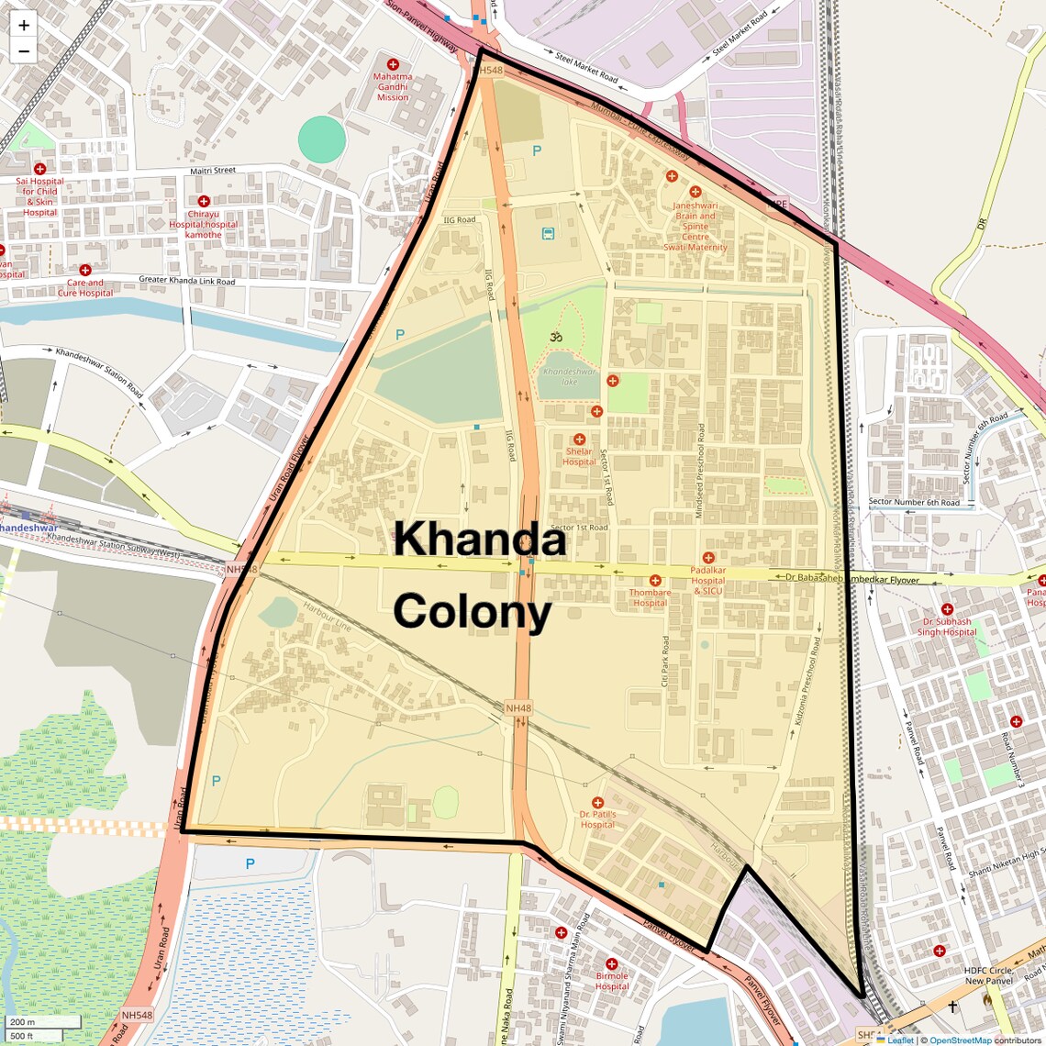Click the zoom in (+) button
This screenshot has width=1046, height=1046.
click(24, 26)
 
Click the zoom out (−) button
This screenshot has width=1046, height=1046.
click(24, 51)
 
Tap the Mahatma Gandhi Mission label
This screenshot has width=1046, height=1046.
click(393, 87)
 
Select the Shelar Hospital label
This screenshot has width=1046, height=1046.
click(579, 457)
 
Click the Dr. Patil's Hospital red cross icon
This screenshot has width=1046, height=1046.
click(597, 803)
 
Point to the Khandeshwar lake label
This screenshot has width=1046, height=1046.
click(569, 376)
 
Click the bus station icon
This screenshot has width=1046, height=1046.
click(548, 233)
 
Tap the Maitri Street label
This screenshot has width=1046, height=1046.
click(213, 171)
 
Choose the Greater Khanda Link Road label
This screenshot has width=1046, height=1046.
click(186, 281)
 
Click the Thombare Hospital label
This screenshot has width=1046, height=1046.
click(650, 597)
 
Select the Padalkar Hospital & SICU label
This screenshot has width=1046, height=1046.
click(707, 581)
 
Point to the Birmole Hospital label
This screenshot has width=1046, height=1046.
click(612, 981)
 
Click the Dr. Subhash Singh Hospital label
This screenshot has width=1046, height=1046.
click(947, 627)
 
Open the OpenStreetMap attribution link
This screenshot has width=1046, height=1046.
click(960, 1040)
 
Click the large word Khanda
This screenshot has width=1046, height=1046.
click(479, 540)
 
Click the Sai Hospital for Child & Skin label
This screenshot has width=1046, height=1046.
click(39, 196)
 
